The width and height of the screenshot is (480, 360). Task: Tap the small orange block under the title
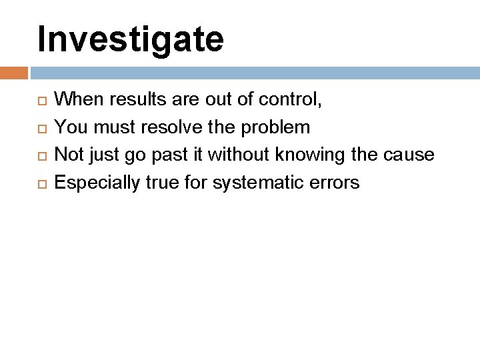(13, 71)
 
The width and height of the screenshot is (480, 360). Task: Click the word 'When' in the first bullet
(75, 100)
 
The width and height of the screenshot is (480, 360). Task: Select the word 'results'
(126, 100)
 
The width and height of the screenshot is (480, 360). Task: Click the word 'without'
(237, 155)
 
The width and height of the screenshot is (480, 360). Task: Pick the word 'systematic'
(269, 182)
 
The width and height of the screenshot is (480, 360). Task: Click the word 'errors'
(338, 182)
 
